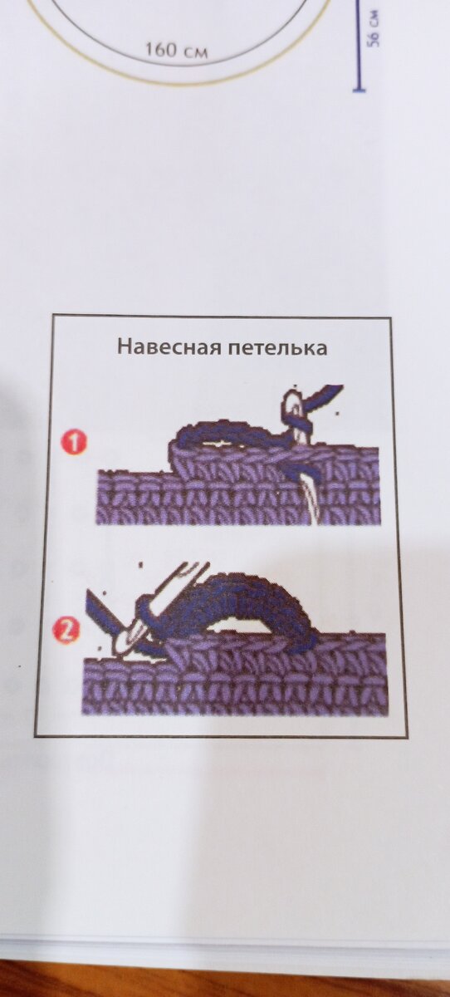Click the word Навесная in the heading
pos(170,346)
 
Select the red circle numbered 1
pos(74,444)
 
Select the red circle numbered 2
pos(66,631)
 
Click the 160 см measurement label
pos(177,51)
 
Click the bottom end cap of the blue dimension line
pos(360,91)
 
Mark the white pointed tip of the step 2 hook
pos(120,646)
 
